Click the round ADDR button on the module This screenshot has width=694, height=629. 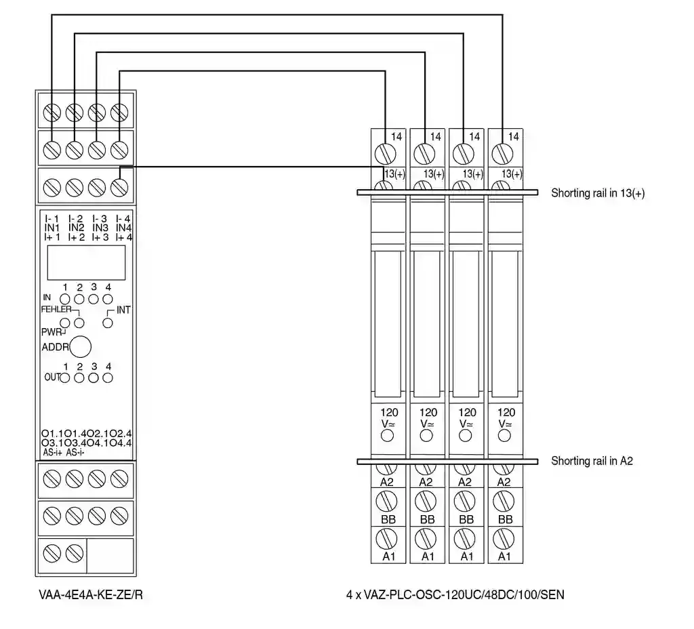81,346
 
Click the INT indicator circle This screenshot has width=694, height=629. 107,323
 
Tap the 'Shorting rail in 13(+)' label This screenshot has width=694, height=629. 598,193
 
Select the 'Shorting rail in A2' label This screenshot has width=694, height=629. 592,461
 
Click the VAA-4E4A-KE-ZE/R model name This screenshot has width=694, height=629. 91,596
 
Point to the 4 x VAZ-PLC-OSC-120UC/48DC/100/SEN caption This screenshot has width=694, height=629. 455,596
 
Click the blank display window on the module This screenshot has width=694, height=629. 86,263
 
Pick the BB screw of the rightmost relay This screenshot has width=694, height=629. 503,502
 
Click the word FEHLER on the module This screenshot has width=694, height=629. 56,309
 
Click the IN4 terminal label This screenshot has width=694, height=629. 123,228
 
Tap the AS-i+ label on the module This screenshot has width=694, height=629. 52,453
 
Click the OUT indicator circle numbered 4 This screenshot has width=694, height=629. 107,378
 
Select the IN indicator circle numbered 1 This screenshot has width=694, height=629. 65,298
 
